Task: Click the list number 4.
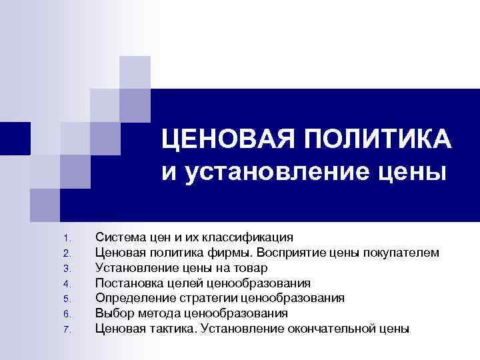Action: [65, 285]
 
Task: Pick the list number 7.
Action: [65, 331]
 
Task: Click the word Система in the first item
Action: [117, 237]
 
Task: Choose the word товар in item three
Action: [251, 267]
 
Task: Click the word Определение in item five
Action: [129, 298]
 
